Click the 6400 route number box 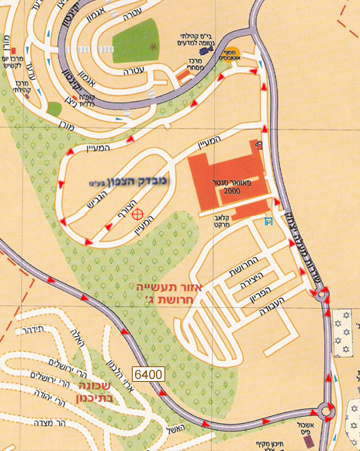(x=147, y=374)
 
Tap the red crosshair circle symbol (x=137, y=213)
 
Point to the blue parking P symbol (x=268, y=222)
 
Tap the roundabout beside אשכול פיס (x=325, y=411)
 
